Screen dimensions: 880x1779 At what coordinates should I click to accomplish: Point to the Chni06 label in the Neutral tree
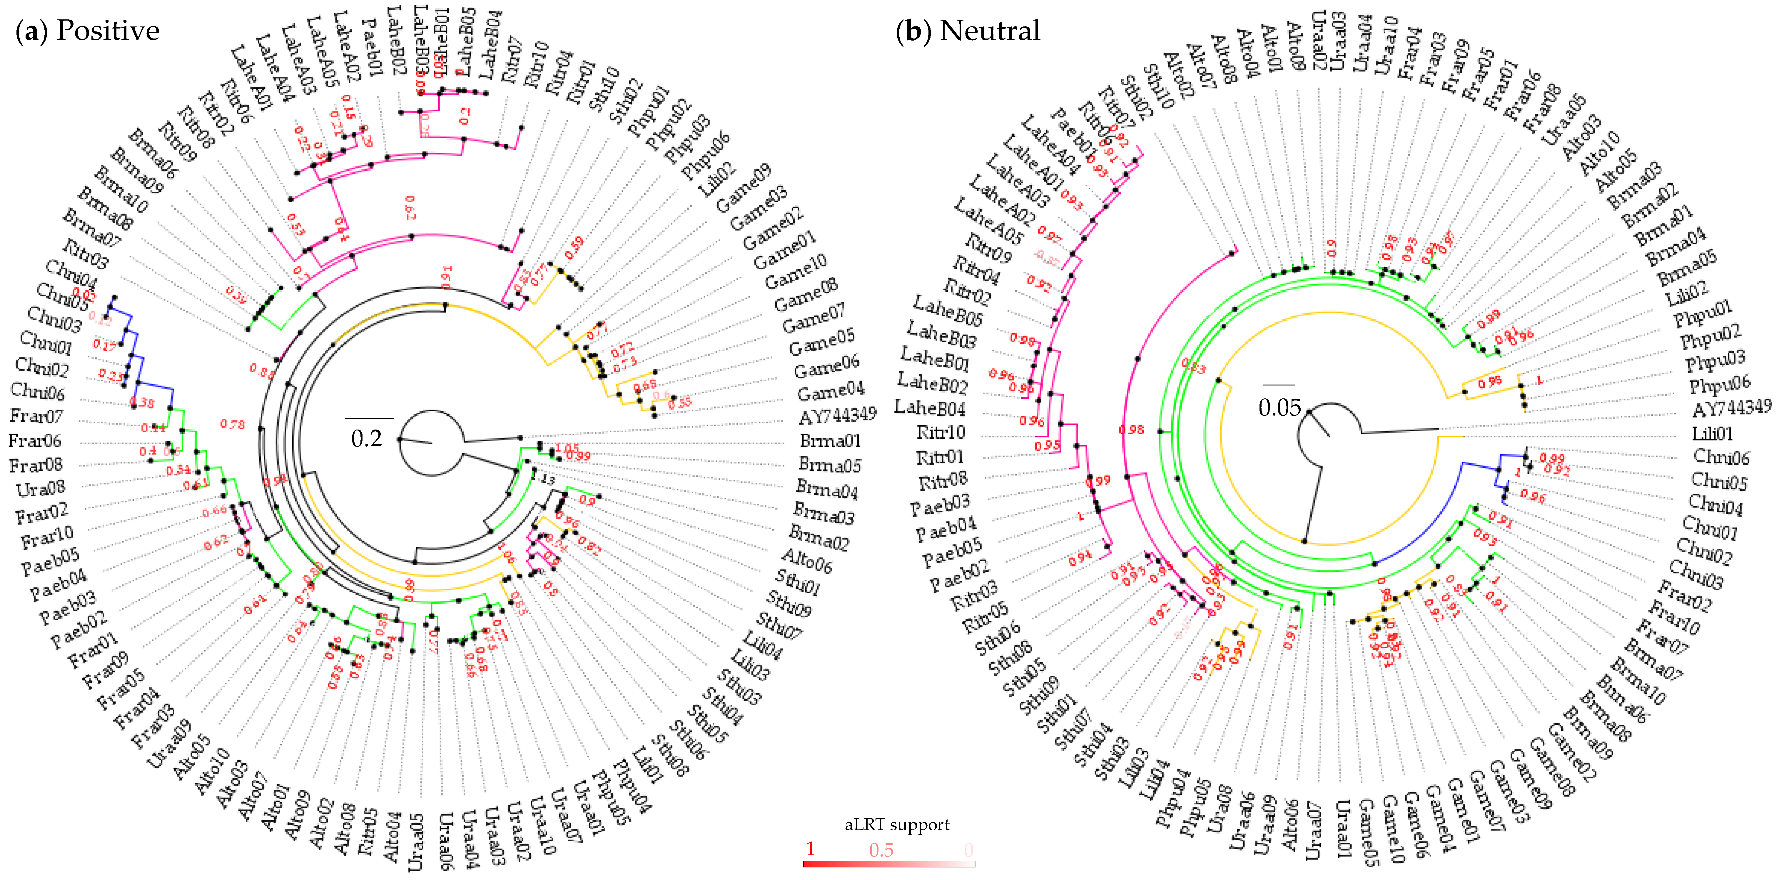pos(1721,457)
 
